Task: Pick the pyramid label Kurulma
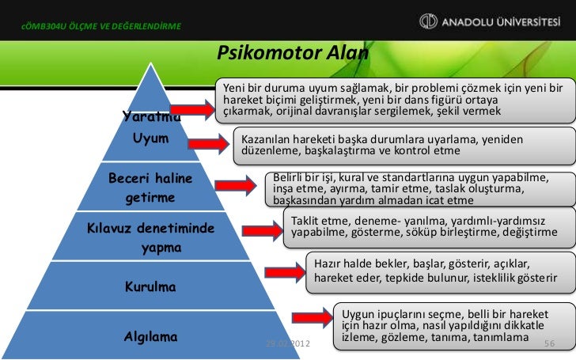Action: (150, 285)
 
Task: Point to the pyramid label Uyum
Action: (150, 139)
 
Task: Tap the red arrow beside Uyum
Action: (214, 144)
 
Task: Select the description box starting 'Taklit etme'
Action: (424, 225)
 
